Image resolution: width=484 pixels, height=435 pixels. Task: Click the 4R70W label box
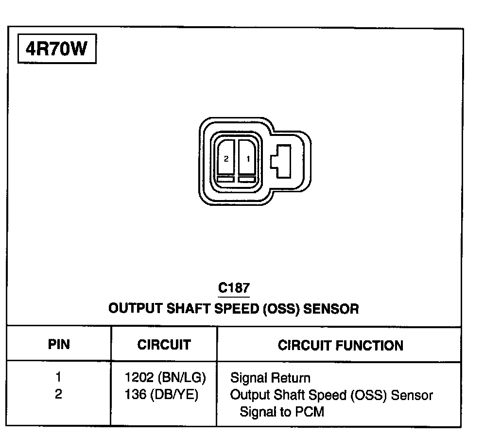[x=56, y=49]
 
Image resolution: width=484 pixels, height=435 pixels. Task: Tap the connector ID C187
[x=234, y=288]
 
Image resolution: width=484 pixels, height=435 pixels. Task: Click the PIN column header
[x=59, y=345]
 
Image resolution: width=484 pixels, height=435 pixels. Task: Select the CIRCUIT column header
[x=164, y=345]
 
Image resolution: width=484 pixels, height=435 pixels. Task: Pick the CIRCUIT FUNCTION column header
[x=340, y=346]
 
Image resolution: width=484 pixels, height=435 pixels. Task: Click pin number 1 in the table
[x=59, y=377]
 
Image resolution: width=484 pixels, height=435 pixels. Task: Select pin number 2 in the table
[x=59, y=394]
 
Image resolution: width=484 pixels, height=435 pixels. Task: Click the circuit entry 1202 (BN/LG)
[x=166, y=377]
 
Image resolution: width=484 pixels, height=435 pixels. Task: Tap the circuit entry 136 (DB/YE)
[x=162, y=395]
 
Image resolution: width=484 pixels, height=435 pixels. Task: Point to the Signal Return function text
[x=270, y=378]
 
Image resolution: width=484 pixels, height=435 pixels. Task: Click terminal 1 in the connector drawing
[x=248, y=158]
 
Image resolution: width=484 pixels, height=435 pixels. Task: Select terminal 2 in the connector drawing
[x=226, y=158]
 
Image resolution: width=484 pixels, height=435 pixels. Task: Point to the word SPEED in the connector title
[x=236, y=308]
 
